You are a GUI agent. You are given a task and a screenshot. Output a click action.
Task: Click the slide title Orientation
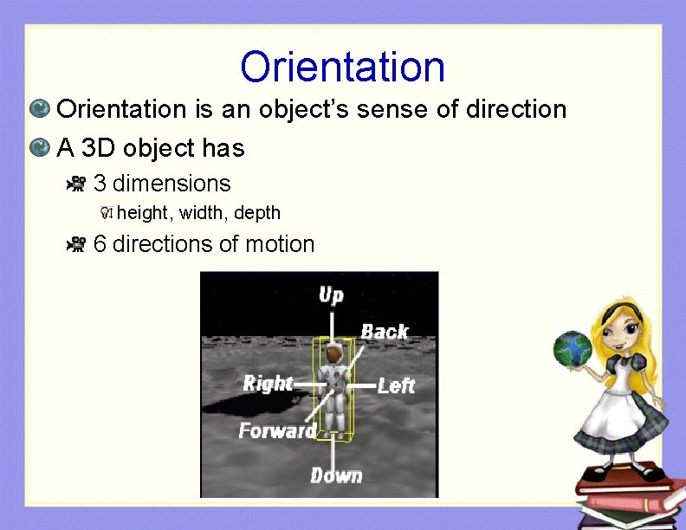[343, 67]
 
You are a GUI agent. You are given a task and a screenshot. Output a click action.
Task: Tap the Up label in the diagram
[331, 295]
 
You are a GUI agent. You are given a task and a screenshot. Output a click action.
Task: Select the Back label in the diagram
[385, 332]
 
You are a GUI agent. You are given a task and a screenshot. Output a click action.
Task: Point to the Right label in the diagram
[268, 383]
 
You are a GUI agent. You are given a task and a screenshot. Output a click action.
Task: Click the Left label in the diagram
[396, 385]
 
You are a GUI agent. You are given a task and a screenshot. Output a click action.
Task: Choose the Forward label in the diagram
[277, 430]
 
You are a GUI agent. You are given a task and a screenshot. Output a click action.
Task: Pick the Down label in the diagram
[336, 475]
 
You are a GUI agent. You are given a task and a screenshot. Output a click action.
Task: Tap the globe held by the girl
[573, 349]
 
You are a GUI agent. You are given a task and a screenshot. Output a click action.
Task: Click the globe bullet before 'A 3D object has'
[39, 149]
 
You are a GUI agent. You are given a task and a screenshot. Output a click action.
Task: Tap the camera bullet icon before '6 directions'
[77, 245]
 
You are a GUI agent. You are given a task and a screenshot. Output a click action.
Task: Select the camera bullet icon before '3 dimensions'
[77, 184]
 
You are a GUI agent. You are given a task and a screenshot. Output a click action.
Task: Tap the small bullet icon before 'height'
[107, 213]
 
